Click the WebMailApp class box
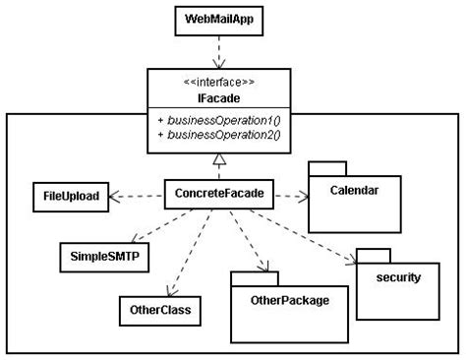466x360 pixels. click(x=219, y=21)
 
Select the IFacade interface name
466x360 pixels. click(x=219, y=97)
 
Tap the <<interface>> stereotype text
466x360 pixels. click(x=219, y=82)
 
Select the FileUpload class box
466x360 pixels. click(x=71, y=196)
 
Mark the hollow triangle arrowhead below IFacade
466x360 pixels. click(x=218, y=160)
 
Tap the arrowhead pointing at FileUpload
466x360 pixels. click(x=115, y=196)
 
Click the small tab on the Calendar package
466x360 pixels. click(x=325, y=165)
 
